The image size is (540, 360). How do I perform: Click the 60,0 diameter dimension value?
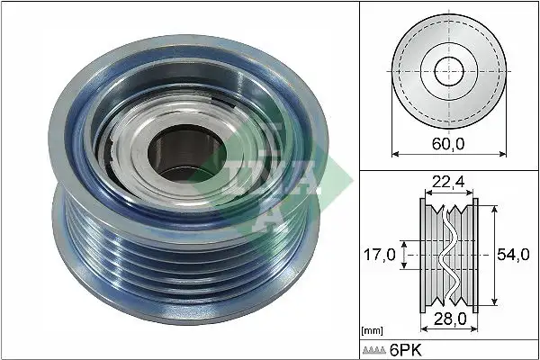click(447, 141)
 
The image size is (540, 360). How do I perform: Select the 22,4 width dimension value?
click(447, 183)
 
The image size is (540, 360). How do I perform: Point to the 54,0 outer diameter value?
click(515, 255)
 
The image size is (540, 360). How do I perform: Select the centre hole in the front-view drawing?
click(447, 69)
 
